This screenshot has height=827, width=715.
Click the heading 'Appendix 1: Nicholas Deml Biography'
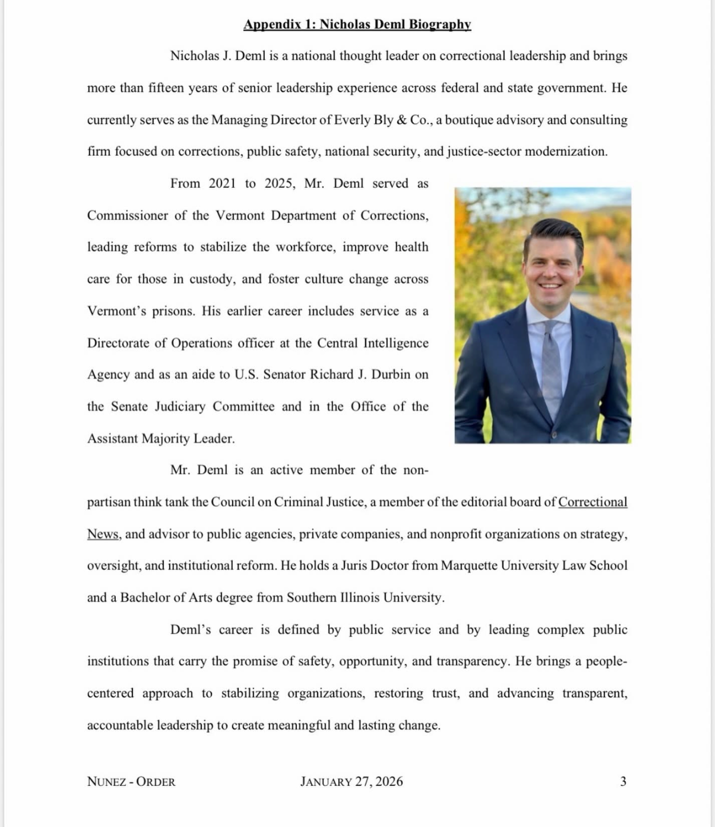357,24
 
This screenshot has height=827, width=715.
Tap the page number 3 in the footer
623,782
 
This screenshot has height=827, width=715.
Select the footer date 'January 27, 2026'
351,782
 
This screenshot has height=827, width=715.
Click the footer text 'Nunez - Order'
131,782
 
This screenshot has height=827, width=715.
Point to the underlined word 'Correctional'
593,502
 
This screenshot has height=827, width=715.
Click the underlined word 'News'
103,534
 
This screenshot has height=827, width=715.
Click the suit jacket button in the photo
553,434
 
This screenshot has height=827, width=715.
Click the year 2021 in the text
222,183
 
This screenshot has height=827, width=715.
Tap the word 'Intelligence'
396,343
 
